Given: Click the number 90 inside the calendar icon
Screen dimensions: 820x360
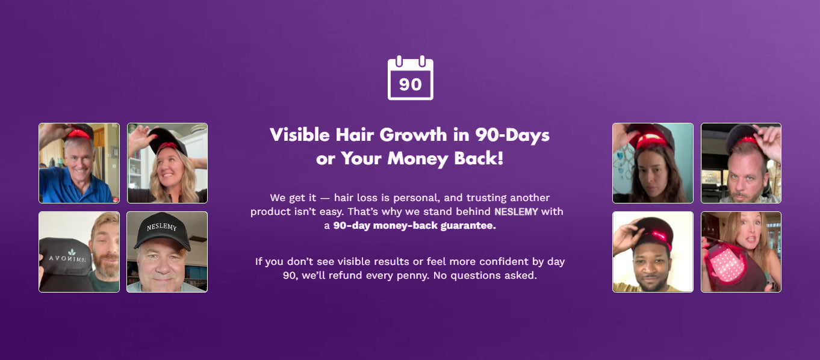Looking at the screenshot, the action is click(411, 85).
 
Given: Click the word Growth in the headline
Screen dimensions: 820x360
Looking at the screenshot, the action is click(413, 135).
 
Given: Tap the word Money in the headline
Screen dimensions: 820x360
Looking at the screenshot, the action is click(418, 158).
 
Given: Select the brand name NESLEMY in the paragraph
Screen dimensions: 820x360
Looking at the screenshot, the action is click(516, 212).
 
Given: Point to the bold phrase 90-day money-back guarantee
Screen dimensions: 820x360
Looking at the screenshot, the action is click(414, 226).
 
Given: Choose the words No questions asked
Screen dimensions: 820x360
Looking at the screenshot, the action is click(485, 275).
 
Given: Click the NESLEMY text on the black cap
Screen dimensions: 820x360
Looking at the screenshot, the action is click(161, 227).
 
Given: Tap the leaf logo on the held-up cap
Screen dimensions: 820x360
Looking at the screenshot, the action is click(72, 252).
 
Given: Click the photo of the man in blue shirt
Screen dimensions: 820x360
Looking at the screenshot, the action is click(79, 163).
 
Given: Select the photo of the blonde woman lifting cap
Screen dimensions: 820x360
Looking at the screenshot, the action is click(167, 163).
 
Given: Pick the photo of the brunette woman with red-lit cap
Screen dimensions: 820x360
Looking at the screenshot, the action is click(653, 163).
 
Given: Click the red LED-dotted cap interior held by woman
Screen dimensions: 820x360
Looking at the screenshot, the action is click(727, 262).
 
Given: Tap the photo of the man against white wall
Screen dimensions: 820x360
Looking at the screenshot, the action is click(653, 252).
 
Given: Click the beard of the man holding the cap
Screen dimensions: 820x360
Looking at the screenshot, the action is click(106, 265).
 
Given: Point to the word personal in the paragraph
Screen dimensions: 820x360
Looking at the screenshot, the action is click(415, 198).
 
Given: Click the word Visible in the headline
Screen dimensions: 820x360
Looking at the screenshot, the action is click(300, 135).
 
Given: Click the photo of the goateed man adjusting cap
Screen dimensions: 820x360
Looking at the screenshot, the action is click(741, 163).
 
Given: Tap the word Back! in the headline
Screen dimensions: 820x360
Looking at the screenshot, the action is click(479, 158).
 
